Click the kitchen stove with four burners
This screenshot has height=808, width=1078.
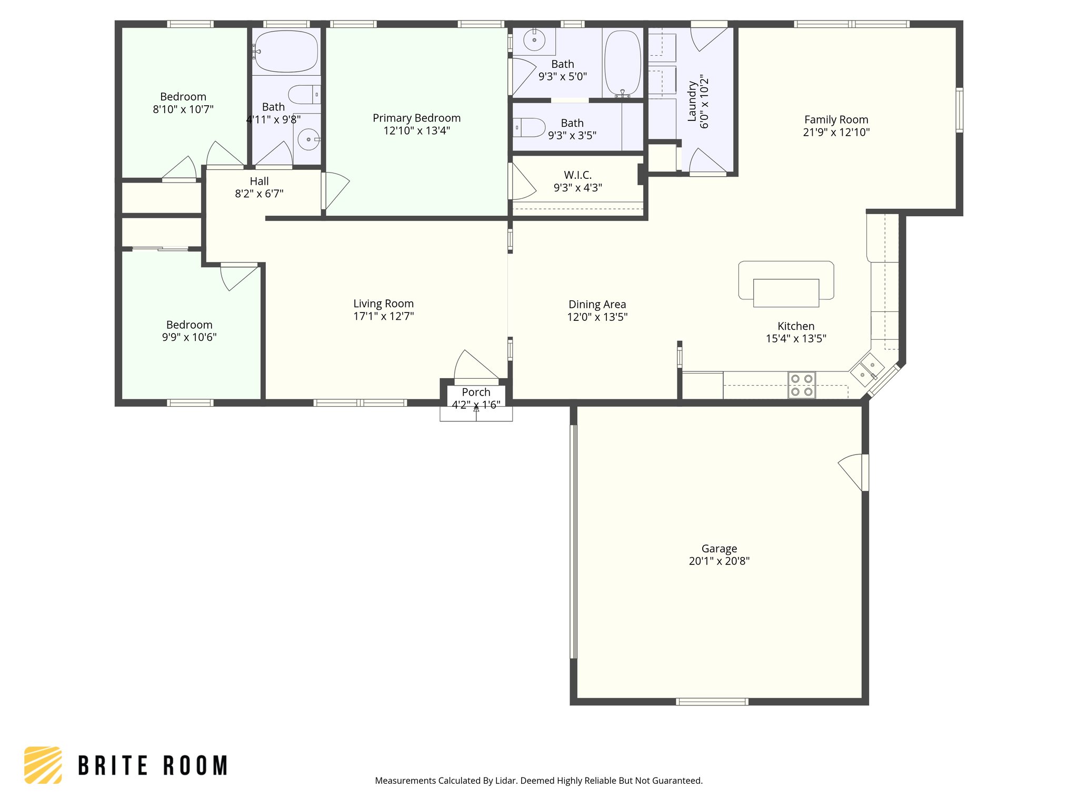(801, 385)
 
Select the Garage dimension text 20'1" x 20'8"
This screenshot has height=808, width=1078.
(719, 561)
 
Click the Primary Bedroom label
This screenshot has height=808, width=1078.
(416, 118)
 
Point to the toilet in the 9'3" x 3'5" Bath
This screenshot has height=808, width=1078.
(530, 127)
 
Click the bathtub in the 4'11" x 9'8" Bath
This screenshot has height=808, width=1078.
(286, 52)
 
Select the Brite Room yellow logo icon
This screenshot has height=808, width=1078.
(43, 765)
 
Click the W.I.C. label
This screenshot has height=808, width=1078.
(577, 175)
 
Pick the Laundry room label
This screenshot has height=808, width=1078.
(692, 101)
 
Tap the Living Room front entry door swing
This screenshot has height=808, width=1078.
(474, 366)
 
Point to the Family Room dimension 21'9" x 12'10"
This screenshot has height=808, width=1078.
(836, 133)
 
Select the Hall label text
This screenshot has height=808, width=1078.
(259, 181)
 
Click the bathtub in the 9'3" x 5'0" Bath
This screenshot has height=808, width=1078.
(623, 63)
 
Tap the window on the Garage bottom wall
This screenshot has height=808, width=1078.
(712, 701)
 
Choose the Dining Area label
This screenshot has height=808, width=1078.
(597, 305)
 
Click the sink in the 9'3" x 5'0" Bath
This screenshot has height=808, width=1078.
(534, 41)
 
